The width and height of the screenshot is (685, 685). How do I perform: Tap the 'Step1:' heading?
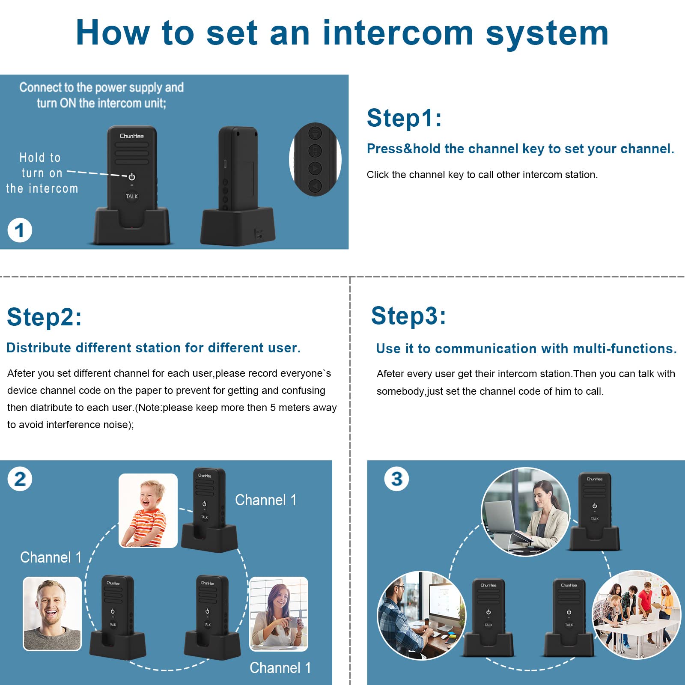coord(404,118)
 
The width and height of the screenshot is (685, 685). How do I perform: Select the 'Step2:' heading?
coord(44,317)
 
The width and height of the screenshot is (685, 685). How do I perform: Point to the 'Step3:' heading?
coord(408,316)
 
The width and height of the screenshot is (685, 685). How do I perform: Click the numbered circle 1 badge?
coord(20,230)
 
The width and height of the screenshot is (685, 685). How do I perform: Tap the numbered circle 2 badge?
coord(20,479)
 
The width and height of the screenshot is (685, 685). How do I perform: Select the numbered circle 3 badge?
coord(396,479)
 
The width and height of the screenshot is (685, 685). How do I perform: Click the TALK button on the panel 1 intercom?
coord(132,196)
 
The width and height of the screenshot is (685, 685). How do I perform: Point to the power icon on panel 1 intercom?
coord(132,176)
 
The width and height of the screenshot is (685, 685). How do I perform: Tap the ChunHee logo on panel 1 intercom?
coord(132,136)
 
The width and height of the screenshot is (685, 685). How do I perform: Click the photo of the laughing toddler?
coord(148,511)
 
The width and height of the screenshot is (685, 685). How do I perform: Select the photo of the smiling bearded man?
coord(52,614)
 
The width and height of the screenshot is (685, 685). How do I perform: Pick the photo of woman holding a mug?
coord(279,614)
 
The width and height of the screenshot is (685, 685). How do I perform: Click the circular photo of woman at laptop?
coord(526,512)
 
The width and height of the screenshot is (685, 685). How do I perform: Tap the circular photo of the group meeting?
coord(637,614)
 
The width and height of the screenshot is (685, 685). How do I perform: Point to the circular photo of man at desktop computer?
coord(422,615)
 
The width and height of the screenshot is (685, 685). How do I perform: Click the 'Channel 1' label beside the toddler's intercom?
coord(266,500)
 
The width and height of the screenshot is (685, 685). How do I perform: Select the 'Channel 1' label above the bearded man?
coord(51,557)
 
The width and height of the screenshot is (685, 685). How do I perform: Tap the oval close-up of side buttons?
coord(316,160)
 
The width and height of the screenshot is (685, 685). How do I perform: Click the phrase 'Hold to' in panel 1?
coord(40,158)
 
